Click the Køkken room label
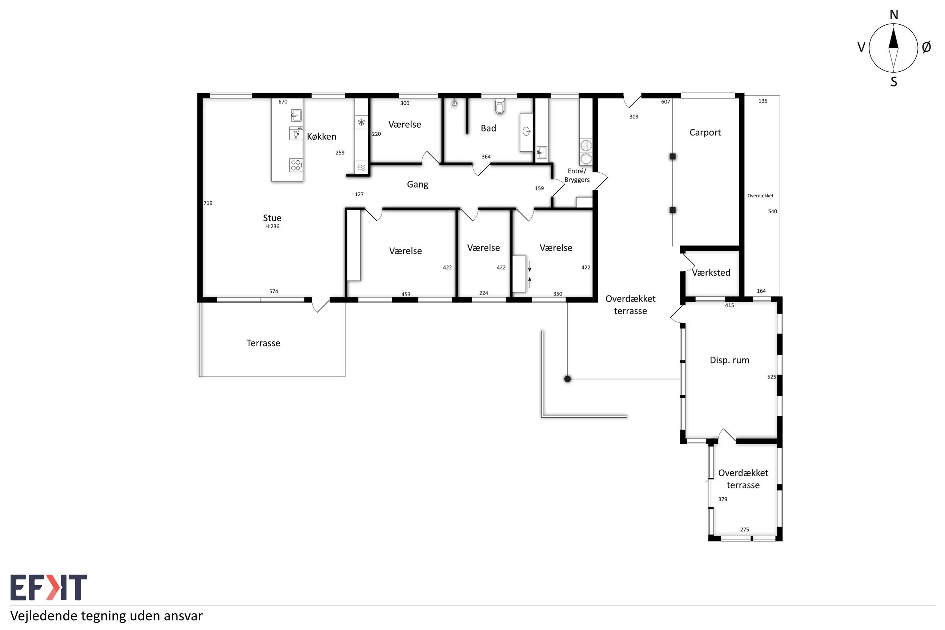(x=321, y=137)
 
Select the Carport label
(x=705, y=133)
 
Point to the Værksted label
(x=711, y=272)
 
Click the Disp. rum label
(x=729, y=360)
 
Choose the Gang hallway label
(x=417, y=184)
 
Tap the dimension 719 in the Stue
(x=208, y=203)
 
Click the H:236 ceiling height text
(x=272, y=226)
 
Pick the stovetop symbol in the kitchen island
(x=295, y=165)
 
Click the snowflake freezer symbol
(x=361, y=122)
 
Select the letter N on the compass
(x=894, y=15)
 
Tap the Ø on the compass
(x=926, y=47)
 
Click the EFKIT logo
(x=48, y=587)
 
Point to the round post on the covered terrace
(x=567, y=379)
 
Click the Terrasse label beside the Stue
(x=263, y=343)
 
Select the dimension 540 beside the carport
(x=772, y=211)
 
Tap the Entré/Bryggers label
(x=577, y=176)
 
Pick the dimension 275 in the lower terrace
(x=744, y=530)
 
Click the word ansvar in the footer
(x=184, y=616)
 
